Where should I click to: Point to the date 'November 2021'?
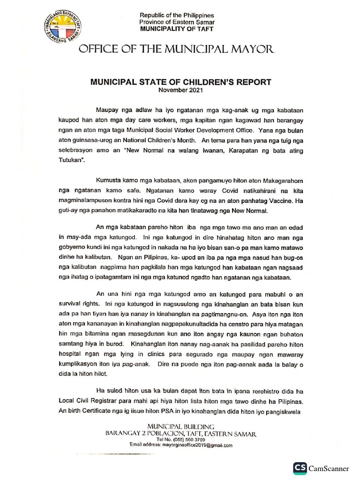(180, 90)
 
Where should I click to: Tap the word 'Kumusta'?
(109, 181)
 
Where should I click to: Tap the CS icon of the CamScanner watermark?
(300, 468)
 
